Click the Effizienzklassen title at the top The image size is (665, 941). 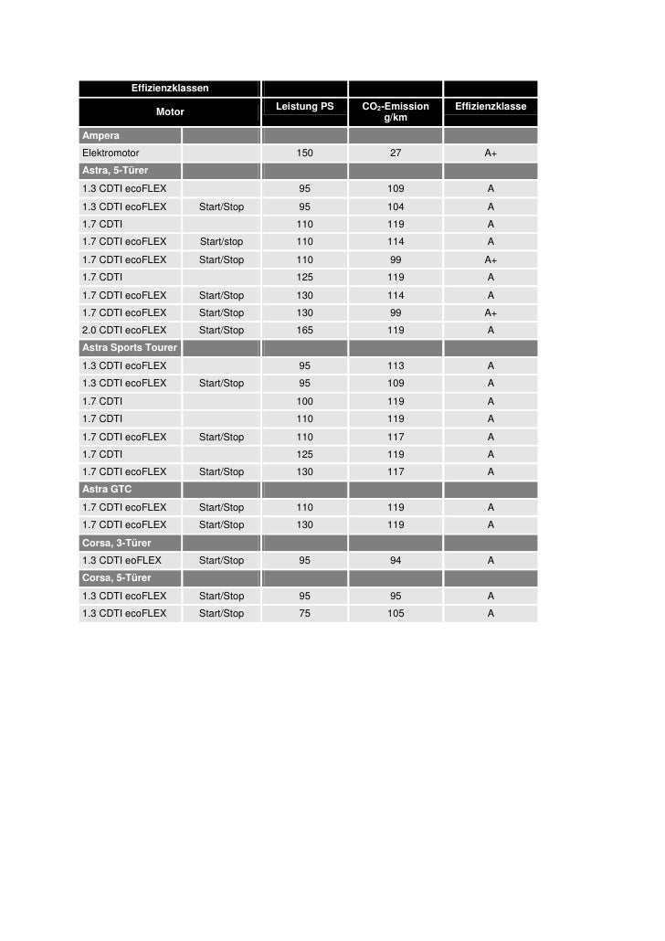point(170,89)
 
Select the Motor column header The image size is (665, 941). point(170,111)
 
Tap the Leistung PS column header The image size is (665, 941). point(304,107)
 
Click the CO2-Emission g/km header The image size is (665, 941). point(396,111)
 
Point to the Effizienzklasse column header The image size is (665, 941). point(491,107)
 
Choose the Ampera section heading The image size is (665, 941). point(101,135)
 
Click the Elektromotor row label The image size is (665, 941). point(111,153)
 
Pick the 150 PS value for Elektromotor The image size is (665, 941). point(304,153)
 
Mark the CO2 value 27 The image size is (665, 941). point(396,153)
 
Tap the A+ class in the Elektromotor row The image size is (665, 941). point(491,153)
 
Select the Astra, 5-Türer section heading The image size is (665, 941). point(115,171)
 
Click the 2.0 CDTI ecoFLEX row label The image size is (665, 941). point(124,330)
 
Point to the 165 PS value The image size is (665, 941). point(304,330)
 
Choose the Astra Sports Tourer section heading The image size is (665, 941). point(129,348)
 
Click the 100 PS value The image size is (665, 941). point(304,401)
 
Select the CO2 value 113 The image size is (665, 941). point(396,365)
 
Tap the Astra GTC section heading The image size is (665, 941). point(107,490)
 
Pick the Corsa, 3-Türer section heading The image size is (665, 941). point(116,543)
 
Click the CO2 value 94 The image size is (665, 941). point(396,560)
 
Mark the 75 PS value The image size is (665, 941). point(304,613)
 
